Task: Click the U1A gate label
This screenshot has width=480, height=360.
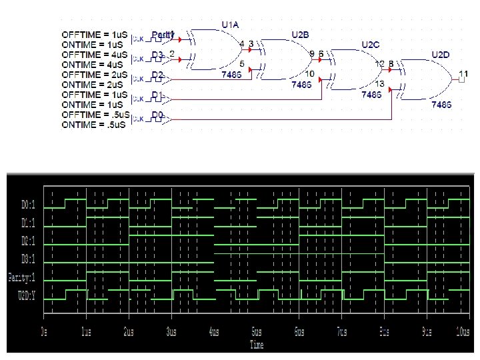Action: (x=230, y=25)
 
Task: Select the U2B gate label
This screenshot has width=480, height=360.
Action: (x=300, y=35)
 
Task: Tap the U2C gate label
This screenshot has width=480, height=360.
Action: (x=370, y=45)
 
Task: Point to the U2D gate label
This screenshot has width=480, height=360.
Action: (x=440, y=55)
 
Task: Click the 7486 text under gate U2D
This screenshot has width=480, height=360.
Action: (x=441, y=105)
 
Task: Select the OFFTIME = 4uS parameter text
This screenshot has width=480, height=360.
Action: (x=95, y=54)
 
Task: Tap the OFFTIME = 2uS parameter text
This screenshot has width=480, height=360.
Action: (x=95, y=75)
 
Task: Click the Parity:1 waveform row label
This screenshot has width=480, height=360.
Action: (x=22, y=277)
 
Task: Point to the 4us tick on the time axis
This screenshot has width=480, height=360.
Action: (x=213, y=332)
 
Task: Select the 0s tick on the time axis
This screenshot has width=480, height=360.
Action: (x=44, y=332)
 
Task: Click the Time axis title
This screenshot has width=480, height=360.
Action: (x=257, y=345)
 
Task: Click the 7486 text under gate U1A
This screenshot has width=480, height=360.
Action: (x=232, y=75)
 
